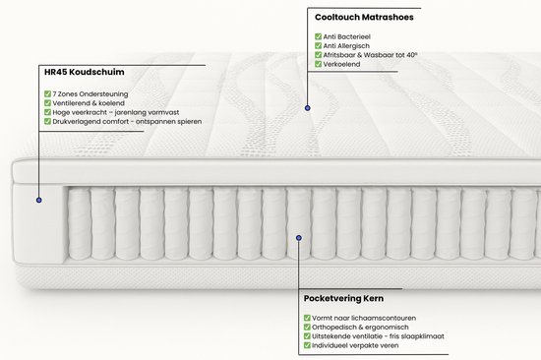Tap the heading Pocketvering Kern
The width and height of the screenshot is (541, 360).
pos(343,297)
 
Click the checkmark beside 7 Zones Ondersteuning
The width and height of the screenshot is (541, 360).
pos(48,93)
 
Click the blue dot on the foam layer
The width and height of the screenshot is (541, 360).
pos(38,200)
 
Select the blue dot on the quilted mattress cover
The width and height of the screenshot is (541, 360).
pos(308,107)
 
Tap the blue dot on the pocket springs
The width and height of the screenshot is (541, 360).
pos(298,236)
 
